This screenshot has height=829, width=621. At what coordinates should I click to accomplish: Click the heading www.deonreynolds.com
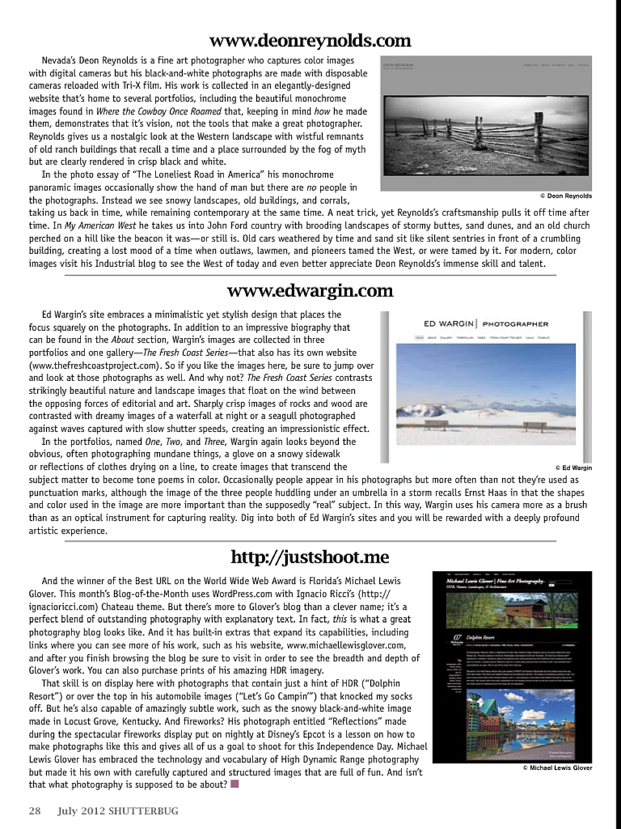(310, 41)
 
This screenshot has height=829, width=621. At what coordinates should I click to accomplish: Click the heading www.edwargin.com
(310, 290)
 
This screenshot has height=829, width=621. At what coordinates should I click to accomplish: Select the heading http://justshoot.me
(310, 557)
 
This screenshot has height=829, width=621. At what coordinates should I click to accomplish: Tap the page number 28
(34, 811)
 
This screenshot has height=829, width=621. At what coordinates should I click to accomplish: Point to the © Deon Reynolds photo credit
(565, 196)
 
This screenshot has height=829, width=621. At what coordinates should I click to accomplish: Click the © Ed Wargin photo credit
(573, 468)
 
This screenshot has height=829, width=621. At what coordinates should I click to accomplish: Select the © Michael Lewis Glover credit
(557, 768)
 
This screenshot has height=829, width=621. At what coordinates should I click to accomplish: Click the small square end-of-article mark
(234, 784)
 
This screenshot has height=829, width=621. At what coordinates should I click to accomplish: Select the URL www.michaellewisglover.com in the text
(346, 645)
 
